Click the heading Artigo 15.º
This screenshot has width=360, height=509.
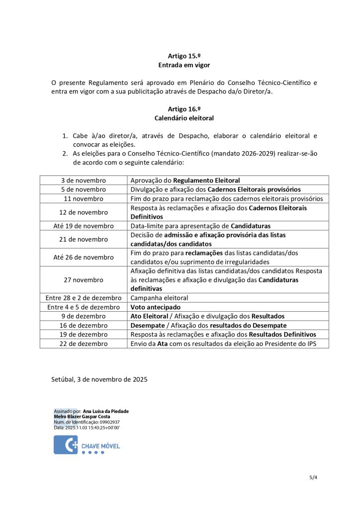(184, 56)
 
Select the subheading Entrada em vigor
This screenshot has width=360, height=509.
(184, 65)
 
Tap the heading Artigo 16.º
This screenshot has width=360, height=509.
(184, 109)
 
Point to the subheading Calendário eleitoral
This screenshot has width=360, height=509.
(184, 118)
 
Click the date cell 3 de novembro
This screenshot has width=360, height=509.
(84, 180)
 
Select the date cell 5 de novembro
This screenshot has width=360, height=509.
(84, 189)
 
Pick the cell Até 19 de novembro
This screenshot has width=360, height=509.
(84, 226)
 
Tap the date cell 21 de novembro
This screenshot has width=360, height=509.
(84, 239)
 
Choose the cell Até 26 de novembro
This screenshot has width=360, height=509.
(84, 257)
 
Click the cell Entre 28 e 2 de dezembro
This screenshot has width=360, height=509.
(84, 298)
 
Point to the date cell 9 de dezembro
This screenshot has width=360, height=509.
(84, 316)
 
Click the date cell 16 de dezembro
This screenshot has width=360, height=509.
(84, 325)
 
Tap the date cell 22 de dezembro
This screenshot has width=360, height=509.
(84, 343)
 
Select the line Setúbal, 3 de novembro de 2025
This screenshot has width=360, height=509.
(99, 379)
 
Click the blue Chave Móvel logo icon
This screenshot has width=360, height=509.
(66, 444)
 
